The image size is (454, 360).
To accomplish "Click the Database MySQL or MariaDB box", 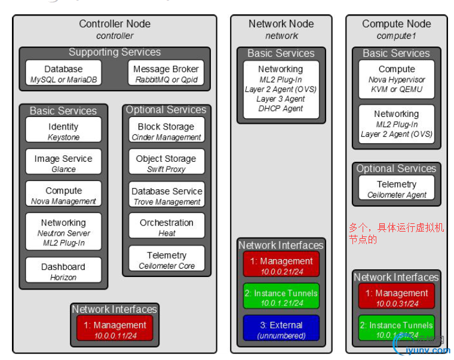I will click(x=64, y=74).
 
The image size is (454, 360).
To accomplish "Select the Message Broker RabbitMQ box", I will click(x=166, y=74).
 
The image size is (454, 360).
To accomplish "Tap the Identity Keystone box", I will click(x=63, y=131).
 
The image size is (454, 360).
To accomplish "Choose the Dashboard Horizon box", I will click(x=63, y=271).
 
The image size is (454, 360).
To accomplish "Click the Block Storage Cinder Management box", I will click(x=166, y=131).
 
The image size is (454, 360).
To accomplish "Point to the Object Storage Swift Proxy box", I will click(x=166, y=164).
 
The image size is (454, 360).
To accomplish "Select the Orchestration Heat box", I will click(x=166, y=227).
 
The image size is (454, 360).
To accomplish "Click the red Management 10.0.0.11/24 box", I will click(x=115, y=330).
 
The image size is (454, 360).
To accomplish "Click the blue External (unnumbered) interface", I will click(x=281, y=330).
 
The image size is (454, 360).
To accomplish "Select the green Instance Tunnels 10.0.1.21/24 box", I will click(x=281, y=297).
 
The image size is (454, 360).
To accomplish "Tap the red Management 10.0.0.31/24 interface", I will click(x=396, y=297).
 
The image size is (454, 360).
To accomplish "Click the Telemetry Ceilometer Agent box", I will click(x=396, y=189).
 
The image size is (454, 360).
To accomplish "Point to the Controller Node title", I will click(x=115, y=24).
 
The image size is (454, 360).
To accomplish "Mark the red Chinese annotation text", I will click(x=396, y=233).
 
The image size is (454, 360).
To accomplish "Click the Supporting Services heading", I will click(x=115, y=53).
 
